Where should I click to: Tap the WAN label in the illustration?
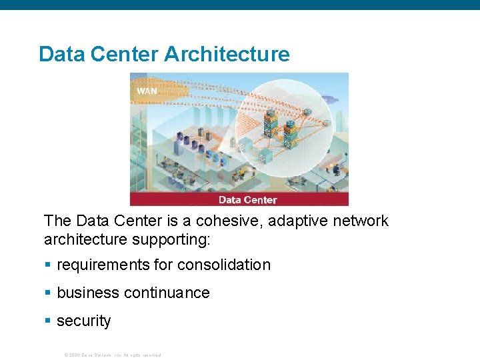[147, 91]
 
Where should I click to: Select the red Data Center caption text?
[247, 199]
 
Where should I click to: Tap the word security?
[84, 321]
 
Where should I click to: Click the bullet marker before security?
[47, 321]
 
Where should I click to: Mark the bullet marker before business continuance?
[47, 293]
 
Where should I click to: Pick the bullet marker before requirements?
[47, 265]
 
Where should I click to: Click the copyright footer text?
[112, 355]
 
